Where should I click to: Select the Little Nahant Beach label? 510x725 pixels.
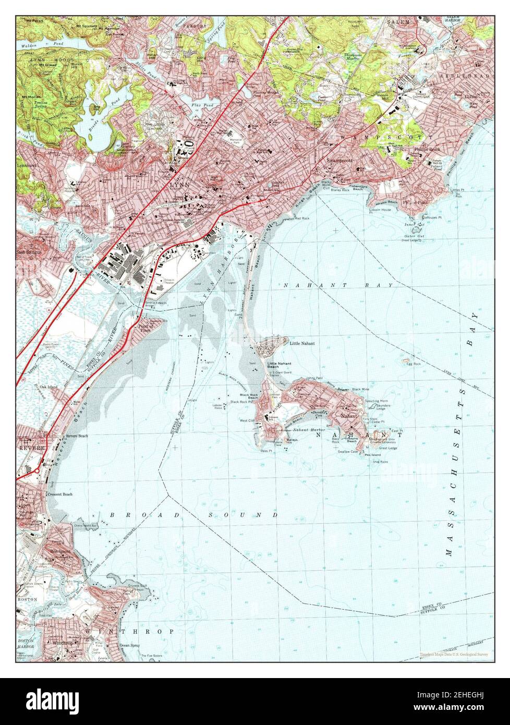coord(280,365)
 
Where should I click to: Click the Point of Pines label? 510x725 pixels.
coord(146,328)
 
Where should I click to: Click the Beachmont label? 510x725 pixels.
coord(60,551)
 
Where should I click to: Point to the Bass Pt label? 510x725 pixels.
coord(266,451)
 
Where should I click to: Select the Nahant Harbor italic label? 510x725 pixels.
coord(309,429)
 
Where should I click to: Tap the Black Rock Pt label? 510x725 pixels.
coord(242,402)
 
